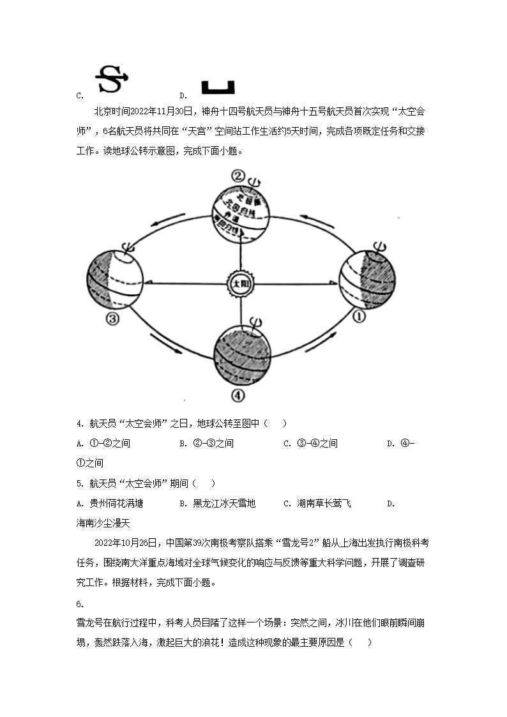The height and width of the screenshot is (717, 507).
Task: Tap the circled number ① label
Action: [x=359, y=316]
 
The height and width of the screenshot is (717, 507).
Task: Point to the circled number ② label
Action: [x=238, y=177]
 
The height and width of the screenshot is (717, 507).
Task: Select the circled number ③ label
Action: [x=112, y=319]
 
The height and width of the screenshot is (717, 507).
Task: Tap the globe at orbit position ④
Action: [x=241, y=355]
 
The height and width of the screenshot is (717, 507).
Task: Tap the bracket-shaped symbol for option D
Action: [x=218, y=87]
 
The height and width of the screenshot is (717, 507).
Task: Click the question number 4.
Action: [x=79, y=424]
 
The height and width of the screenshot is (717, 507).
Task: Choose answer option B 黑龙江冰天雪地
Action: [x=218, y=504]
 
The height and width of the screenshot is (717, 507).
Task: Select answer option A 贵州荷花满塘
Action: [x=109, y=504]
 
